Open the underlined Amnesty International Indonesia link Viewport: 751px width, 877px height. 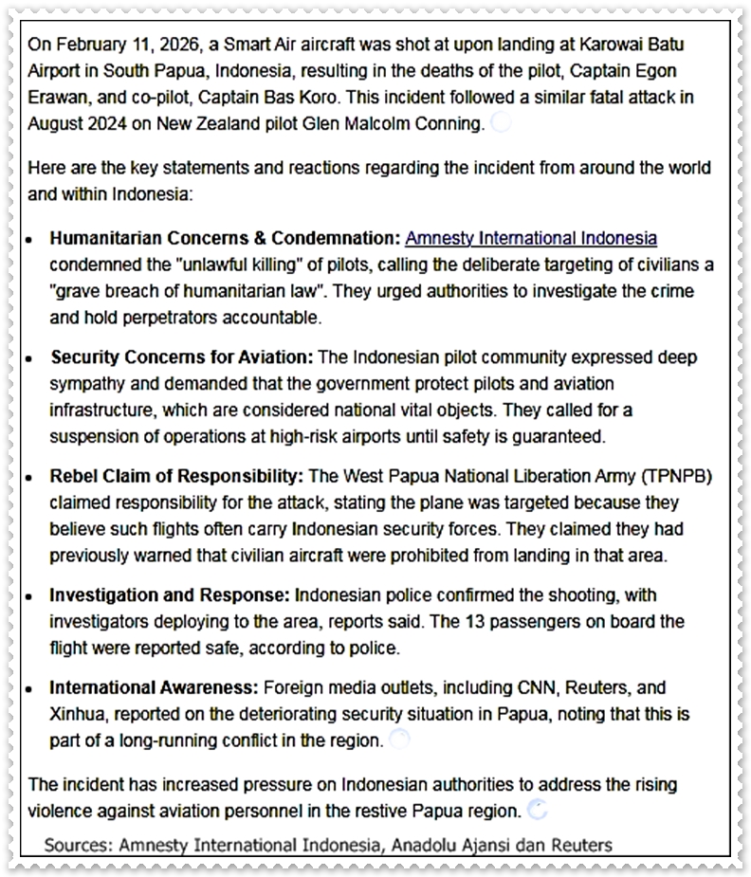pos(531,238)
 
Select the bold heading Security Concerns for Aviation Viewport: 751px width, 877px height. pos(182,357)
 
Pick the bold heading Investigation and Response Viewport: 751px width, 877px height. pos(171,595)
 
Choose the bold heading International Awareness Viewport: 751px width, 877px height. pos(154,687)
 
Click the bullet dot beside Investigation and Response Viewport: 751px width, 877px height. pos(32,596)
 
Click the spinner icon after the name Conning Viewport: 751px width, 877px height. pos(501,122)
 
